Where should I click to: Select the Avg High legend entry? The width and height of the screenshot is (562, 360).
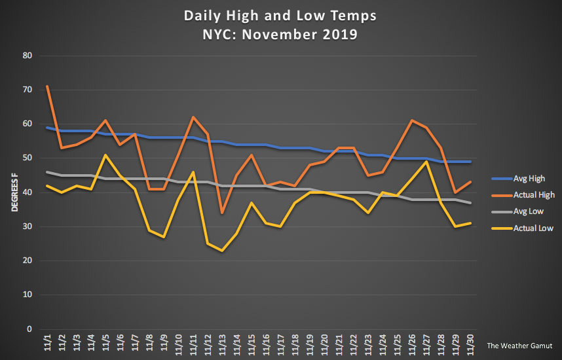[x=518, y=179]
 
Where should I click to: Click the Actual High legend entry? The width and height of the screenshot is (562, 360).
[x=523, y=195]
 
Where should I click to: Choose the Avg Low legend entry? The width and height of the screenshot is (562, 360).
[x=517, y=211]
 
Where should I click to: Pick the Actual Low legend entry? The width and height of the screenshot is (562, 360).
[x=523, y=228]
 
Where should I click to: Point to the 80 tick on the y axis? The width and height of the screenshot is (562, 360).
[x=28, y=56]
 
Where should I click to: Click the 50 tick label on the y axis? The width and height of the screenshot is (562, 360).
[x=28, y=158]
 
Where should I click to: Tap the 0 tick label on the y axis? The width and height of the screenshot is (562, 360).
[x=29, y=329]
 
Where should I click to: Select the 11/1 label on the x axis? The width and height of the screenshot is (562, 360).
[x=47, y=342]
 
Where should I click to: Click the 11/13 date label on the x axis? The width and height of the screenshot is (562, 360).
[x=222, y=344]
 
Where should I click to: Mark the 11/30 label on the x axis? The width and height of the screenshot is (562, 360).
[x=470, y=344]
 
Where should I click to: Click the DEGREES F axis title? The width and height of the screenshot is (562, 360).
[x=14, y=192]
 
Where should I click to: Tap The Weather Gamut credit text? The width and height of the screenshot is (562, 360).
[x=519, y=346]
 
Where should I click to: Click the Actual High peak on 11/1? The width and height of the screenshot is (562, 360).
[x=47, y=86]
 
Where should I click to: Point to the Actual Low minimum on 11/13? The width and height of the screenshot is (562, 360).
[x=222, y=251]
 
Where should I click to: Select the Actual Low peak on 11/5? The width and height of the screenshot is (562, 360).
[x=105, y=154]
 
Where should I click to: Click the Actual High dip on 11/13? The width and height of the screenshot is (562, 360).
[x=222, y=213]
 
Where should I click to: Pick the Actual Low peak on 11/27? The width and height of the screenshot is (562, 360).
[x=426, y=162]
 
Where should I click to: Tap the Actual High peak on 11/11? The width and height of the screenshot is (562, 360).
[x=193, y=117]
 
